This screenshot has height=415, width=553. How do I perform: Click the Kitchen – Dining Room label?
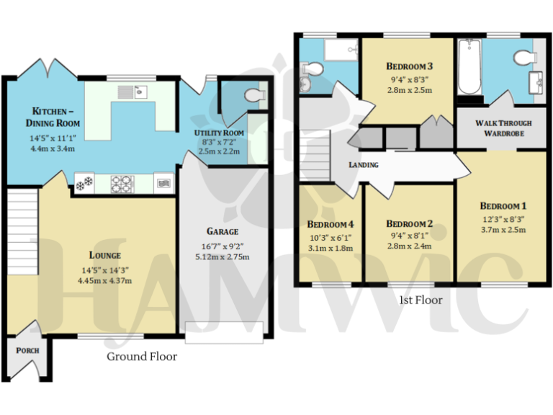click(55, 117)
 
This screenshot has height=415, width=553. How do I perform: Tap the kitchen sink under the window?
click(133, 92)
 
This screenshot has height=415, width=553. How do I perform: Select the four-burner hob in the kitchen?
click(122, 184)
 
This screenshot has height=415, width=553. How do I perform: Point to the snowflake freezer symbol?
click(85, 184)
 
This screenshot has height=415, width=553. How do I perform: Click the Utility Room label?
click(219, 133)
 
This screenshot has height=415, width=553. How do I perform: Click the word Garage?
click(222, 231)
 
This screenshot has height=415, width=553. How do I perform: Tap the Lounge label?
click(105, 255)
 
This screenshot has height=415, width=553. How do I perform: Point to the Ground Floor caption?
click(142, 357)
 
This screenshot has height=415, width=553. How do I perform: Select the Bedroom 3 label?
click(408, 66)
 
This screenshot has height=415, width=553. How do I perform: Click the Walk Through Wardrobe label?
click(499, 128)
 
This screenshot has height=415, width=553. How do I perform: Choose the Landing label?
click(364, 165)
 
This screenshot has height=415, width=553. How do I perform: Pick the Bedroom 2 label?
click(408, 223)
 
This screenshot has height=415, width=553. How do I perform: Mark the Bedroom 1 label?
click(503, 204)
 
